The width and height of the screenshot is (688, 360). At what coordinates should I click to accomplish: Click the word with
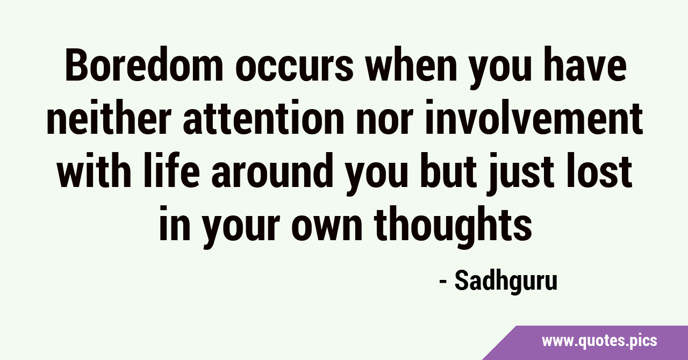tap(94, 170)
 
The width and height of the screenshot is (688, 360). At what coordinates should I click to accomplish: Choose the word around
tap(273, 170)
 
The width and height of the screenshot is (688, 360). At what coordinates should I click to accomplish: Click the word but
tap(448, 170)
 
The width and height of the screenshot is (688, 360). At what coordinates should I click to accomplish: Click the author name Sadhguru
tap(506, 282)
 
